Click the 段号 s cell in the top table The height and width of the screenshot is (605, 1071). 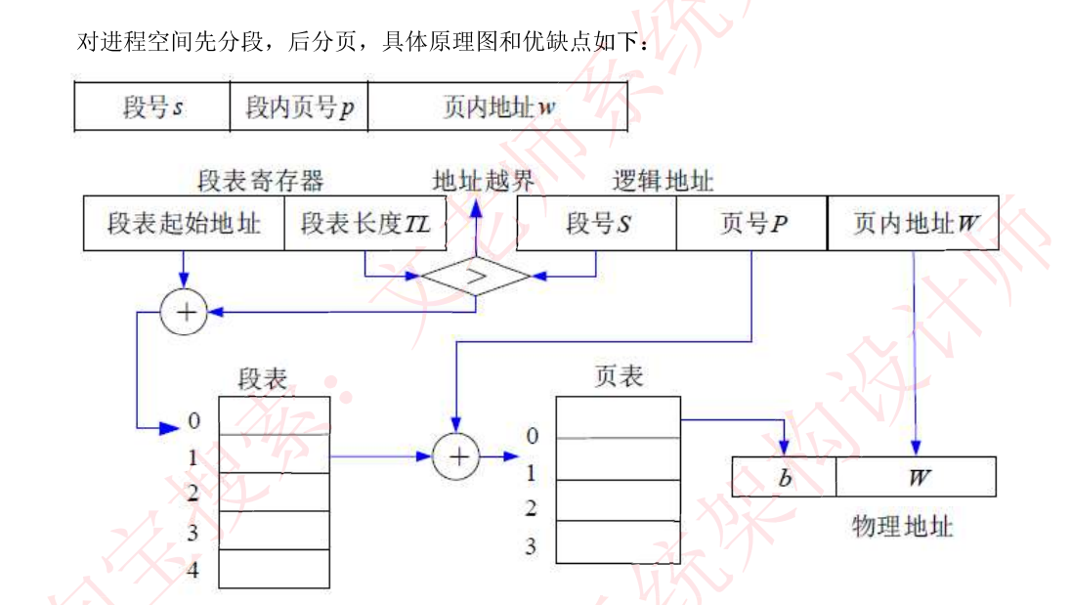152,107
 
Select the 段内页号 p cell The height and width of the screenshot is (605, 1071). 299,107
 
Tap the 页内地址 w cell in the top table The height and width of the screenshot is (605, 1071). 497,107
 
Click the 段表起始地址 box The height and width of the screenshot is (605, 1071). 184,224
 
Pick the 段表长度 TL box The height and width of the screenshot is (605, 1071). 364,224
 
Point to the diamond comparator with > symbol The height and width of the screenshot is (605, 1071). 476,276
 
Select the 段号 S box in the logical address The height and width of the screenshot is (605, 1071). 596,224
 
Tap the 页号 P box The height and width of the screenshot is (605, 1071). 751,224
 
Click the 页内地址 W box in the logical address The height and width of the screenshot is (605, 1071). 914,224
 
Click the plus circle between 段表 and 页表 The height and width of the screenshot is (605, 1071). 457,455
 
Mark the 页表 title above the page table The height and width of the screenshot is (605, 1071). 618,375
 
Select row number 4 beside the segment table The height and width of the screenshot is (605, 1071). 193,569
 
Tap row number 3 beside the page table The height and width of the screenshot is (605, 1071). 531,545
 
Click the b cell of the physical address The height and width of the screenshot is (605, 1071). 784,477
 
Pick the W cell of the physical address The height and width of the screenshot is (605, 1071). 917,477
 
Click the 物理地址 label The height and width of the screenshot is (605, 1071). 901,528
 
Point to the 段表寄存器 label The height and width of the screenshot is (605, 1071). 260,181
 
